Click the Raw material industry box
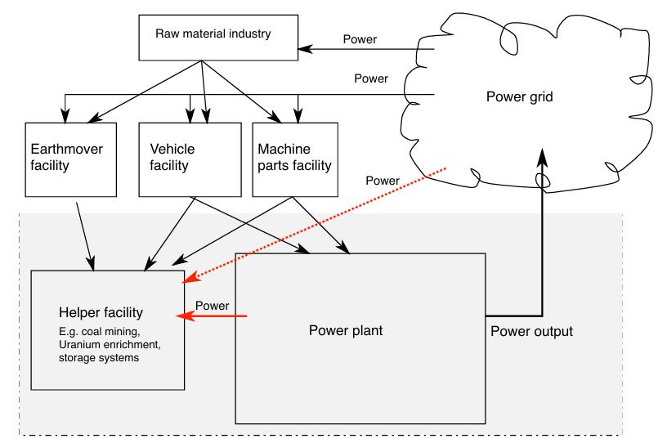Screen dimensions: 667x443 click(x=218, y=38)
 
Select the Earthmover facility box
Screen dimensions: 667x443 click(x=70, y=159)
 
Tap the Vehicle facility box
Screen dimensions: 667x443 click(x=190, y=159)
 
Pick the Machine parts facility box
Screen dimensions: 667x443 click(x=295, y=159)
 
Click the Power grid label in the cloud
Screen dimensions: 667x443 click(x=519, y=97)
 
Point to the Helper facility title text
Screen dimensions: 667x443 click(x=101, y=312)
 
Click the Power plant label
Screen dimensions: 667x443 click(x=346, y=330)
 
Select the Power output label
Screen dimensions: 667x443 click(x=532, y=331)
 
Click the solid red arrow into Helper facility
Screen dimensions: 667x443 click(x=212, y=315)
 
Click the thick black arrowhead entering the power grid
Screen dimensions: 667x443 click(x=543, y=158)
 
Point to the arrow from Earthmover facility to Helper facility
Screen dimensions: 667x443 click(x=85, y=236)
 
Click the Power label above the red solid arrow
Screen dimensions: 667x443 click(x=212, y=306)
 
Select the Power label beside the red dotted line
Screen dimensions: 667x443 click(x=383, y=181)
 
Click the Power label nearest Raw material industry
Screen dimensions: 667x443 click(x=360, y=39)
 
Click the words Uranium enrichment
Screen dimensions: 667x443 click(x=110, y=344)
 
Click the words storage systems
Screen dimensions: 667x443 click(x=99, y=357)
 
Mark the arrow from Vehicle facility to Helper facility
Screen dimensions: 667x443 click(x=169, y=234)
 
